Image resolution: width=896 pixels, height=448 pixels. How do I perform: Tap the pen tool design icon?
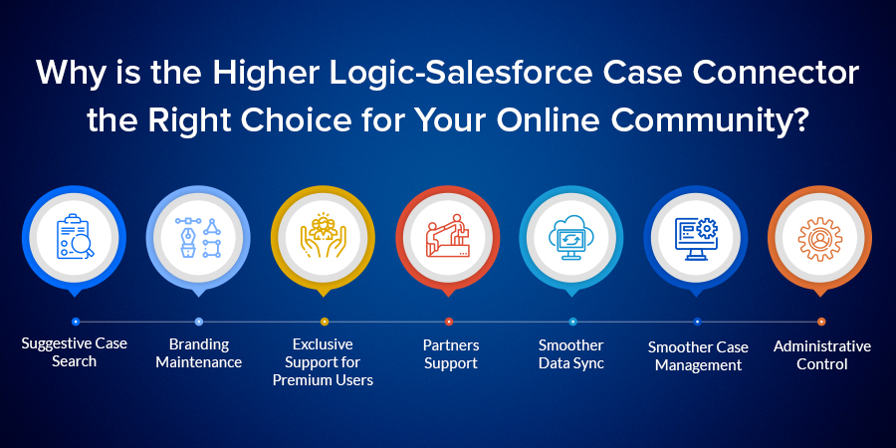point(198,237)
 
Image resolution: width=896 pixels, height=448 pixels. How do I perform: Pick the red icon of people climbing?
point(448,236)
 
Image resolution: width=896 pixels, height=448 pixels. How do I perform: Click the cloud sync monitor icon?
point(572,237)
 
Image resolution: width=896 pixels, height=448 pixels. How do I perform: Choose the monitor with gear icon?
point(696,238)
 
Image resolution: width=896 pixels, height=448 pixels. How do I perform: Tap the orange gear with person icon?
point(820,239)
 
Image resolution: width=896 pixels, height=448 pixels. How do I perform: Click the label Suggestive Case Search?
point(75,352)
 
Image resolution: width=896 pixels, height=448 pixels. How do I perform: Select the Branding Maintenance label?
point(199,353)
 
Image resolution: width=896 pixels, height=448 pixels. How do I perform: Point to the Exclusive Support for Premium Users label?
point(323,362)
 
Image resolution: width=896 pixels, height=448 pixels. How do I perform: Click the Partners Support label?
point(451,354)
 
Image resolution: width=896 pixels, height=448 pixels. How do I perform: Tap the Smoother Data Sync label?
point(571,354)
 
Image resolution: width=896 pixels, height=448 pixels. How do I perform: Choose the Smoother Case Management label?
point(698,356)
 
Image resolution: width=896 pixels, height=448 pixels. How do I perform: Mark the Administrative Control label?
point(822,354)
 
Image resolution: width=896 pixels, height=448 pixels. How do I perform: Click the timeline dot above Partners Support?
point(449,322)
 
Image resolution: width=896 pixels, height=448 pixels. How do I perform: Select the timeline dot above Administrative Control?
point(821,322)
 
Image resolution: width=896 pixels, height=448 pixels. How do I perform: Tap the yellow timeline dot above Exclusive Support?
point(324,322)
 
